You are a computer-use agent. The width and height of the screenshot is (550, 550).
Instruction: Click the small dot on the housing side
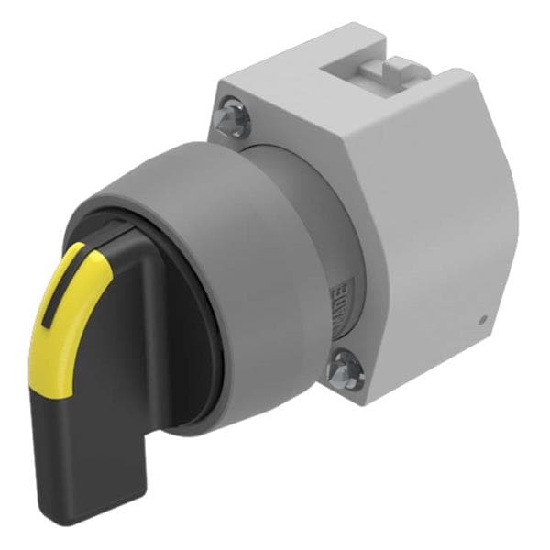[482, 320]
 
